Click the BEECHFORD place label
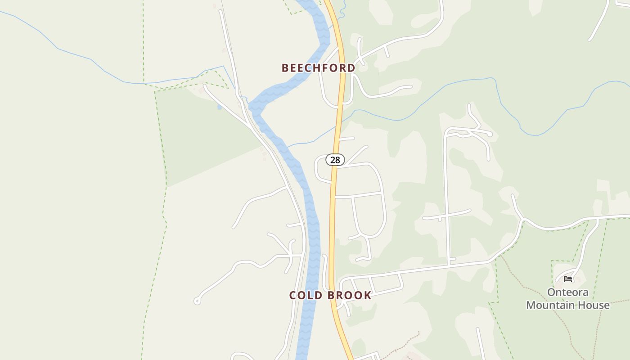tap(318, 68)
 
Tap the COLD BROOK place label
tap(330, 296)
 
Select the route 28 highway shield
tap(335, 160)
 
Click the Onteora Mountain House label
tap(568, 299)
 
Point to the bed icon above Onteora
tap(568, 279)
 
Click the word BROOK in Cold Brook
tap(349, 296)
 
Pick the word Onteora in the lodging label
tap(568, 292)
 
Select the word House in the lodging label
tap(595, 305)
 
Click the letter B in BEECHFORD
tap(285, 68)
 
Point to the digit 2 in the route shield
tap(333, 160)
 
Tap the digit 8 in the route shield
tap(338, 160)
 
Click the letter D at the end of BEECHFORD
tap(351, 68)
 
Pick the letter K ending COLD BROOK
tap(368, 296)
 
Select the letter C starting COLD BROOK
tap(293, 296)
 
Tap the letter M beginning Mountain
tap(531, 305)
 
